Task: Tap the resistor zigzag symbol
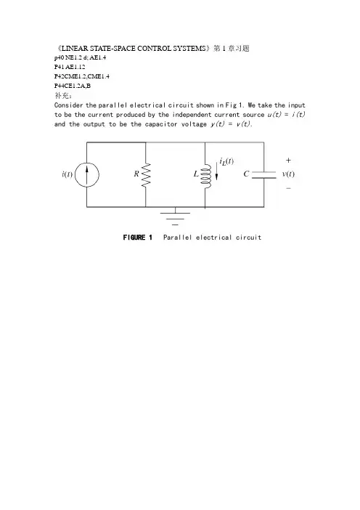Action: pos(146,175)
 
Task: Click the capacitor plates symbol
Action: pos(263,174)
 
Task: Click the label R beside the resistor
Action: pos(136,174)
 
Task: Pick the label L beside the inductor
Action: pos(196,174)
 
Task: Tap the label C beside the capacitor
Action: pos(246,174)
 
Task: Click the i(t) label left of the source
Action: pos(67,174)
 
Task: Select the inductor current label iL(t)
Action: pos(226,161)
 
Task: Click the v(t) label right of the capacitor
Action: pos(288,174)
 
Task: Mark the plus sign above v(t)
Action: pos(288,161)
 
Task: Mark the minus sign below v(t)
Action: pos(289,188)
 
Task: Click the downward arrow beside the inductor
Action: pos(217,171)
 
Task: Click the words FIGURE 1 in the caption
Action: pos(138,238)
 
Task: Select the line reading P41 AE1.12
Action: pos(70,67)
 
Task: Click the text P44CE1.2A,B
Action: pos(73,86)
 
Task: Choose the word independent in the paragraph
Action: pos(192,115)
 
